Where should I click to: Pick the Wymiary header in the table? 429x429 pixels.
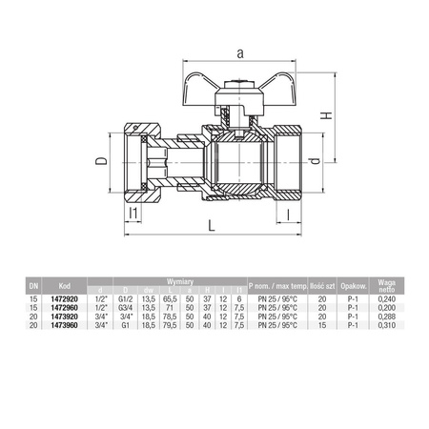[x=179, y=280]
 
